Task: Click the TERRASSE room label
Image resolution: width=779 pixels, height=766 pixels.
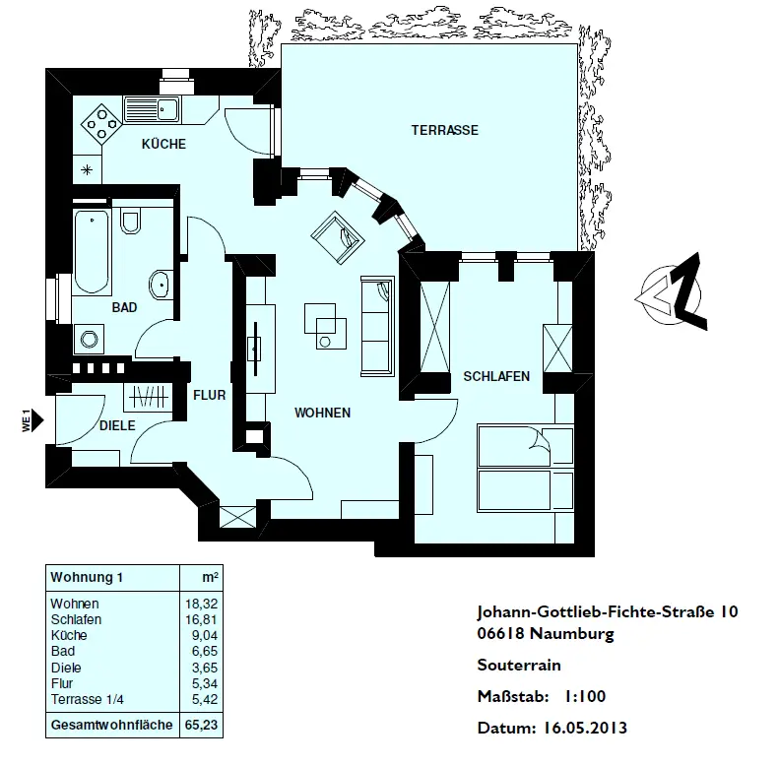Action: pos(445,130)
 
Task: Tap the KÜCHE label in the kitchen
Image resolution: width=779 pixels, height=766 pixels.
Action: pos(163,144)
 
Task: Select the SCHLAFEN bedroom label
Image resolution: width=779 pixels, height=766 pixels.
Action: pos(496,376)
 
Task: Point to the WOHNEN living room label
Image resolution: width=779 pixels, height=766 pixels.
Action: pos(322,413)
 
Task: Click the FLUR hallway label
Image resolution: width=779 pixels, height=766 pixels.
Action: pos(210,395)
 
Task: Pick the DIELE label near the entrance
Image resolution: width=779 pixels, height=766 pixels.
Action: pos(117,425)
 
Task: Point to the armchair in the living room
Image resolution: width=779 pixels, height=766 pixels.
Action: pos(337,236)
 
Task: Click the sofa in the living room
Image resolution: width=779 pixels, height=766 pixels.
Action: pos(377,325)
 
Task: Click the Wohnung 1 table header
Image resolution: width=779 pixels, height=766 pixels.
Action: pos(88,577)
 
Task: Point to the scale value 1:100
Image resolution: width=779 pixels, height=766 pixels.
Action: pos(584,697)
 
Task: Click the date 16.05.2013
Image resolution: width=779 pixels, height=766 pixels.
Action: pos(584,730)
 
